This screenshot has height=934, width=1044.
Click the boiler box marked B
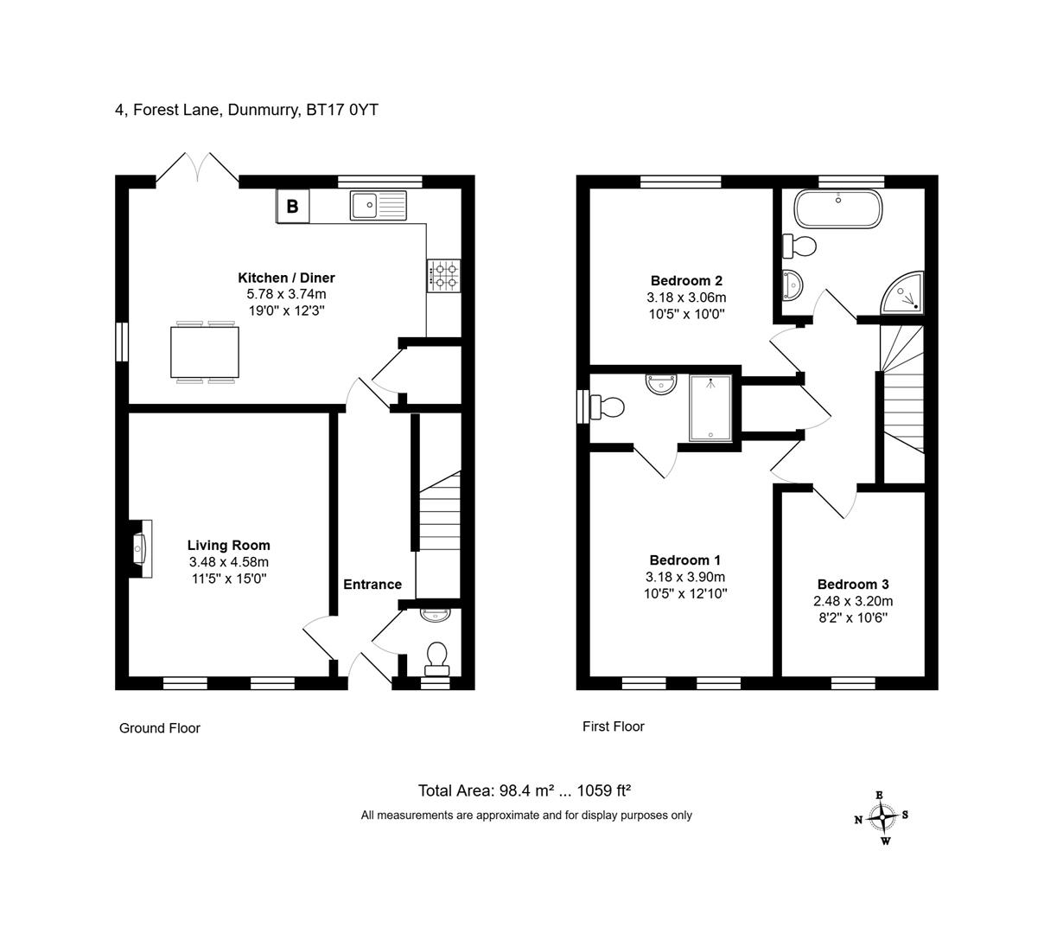click(x=292, y=207)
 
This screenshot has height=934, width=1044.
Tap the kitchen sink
click(x=378, y=205)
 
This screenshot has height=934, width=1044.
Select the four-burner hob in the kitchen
click(x=443, y=275)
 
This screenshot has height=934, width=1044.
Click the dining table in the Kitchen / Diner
click(x=205, y=352)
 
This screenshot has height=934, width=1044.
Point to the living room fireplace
click(x=140, y=548)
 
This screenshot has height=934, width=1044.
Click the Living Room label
click(x=228, y=545)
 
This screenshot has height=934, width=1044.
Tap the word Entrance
click(x=372, y=585)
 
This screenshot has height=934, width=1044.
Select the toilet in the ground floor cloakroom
click(x=436, y=659)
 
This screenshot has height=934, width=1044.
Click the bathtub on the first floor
click(x=838, y=208)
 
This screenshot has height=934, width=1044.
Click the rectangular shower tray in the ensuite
click(x=710, y=408)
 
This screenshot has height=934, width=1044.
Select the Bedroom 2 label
click(x=686, y=280)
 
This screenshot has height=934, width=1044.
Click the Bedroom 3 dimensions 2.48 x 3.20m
click(x=853, y=601)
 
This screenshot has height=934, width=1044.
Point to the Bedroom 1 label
click(x=684, y=560)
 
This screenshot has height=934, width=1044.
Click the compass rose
click(x=882, y=817)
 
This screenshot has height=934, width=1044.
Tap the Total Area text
click(x=524, y=790)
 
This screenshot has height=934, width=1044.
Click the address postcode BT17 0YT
click(x=342, y=110)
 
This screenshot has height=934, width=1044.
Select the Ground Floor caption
click(x=160, y=727)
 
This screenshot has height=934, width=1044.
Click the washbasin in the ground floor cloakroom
click(x=435, y=615)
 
